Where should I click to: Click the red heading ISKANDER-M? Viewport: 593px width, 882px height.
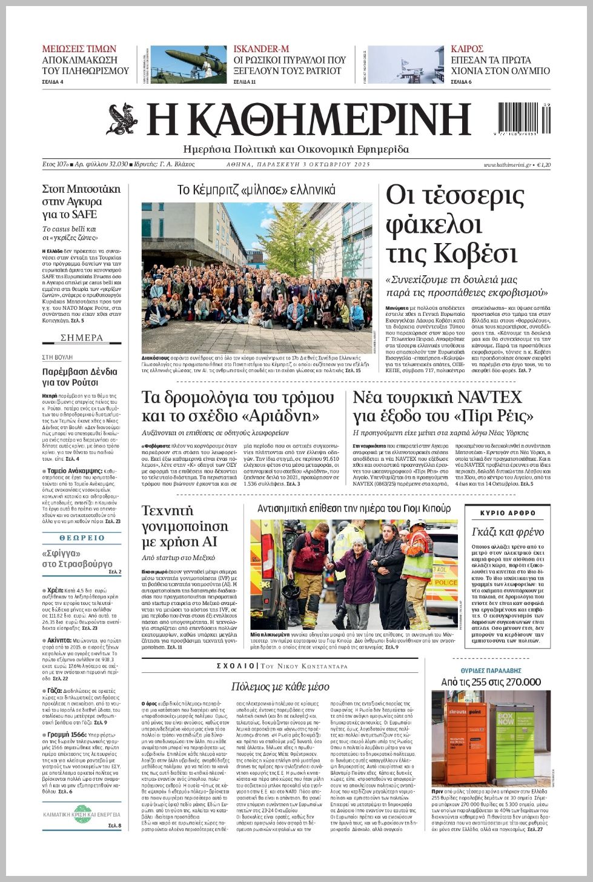pos(261,49)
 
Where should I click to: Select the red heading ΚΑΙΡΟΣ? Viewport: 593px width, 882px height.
pos(467,49)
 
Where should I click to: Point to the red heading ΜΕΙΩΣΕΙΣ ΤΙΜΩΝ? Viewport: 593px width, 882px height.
pos(79,49)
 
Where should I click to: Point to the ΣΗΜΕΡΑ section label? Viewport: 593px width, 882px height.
pos(82,338)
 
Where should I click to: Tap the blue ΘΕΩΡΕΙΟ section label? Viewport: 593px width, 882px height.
pos(82,538)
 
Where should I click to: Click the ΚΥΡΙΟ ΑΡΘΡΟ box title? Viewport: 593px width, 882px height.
pos(508,513)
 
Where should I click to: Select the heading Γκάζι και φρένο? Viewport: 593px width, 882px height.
pos(508,532)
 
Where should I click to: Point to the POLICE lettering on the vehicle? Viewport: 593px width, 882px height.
pos(446,583)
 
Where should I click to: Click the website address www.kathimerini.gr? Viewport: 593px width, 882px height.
pos(507,165)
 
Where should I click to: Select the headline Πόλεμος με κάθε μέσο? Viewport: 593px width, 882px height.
pos(280,686)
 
